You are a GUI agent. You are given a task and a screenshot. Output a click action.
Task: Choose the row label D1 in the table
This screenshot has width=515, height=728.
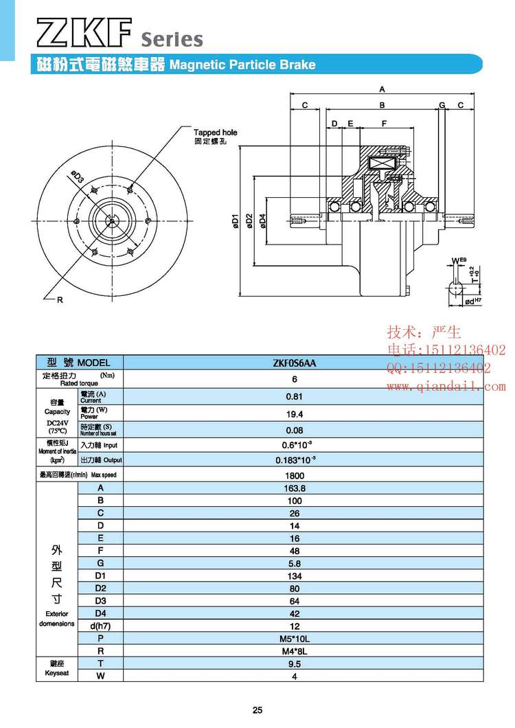[x=100, y=576]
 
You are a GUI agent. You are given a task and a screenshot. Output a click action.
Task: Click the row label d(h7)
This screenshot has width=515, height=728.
[x=100, y=626]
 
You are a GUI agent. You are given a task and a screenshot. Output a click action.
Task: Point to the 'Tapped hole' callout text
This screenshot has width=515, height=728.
[x=215, y=132]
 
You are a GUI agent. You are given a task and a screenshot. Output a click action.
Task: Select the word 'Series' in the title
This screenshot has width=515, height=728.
[x=172, y=39]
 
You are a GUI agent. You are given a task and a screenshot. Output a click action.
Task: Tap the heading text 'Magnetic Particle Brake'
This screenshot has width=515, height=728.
[x=242, y=65]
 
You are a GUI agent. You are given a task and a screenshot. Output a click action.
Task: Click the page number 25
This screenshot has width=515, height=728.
[x=257, y=710]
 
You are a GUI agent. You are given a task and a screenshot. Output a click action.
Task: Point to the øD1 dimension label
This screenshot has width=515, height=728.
[x=235, y=221]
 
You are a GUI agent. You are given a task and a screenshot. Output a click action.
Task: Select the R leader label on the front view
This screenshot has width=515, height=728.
[x=60, y=300]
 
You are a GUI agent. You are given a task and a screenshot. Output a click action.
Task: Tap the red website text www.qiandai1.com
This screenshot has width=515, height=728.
[x=446, y=387]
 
